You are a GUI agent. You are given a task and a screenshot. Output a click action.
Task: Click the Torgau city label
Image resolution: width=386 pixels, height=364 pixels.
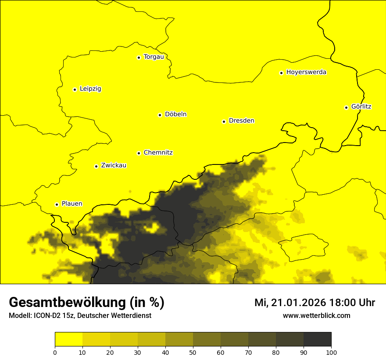pos(154,57)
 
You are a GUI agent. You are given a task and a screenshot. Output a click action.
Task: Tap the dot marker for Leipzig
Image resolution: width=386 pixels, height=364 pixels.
pos(75,89)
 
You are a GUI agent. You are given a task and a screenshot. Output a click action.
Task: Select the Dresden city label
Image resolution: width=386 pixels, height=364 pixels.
pos(241,121)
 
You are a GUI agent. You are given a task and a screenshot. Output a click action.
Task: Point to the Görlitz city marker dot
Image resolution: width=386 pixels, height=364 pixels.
pos(346,107)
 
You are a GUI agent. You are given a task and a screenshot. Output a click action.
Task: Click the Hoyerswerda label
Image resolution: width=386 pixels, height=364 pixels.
pos(306,72)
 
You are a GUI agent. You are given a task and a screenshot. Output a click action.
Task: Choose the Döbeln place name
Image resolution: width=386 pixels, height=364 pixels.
pos(175,114)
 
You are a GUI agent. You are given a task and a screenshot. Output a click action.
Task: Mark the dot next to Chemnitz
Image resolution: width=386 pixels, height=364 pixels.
pos(139,153)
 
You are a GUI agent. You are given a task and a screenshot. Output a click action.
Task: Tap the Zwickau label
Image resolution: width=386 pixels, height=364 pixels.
pos(114,165)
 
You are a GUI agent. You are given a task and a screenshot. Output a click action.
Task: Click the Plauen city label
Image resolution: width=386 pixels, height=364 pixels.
pos(72,204)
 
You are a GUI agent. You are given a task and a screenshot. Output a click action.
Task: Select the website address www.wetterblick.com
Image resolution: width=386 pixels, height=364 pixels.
pos(316,315)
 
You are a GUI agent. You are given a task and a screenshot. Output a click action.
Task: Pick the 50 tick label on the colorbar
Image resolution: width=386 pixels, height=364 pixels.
pos(193,352)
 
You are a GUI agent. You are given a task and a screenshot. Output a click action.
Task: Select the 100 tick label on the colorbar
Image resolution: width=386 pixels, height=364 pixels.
pos(331,352)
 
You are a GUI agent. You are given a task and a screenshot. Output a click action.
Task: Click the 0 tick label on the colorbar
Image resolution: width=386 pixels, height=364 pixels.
pos(55,352)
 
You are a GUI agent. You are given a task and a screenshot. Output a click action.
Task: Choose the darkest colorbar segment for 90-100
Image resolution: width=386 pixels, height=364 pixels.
pos(317,339)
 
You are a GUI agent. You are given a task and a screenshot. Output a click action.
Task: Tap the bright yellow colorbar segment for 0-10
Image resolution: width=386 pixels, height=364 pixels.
pos(68,339)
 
